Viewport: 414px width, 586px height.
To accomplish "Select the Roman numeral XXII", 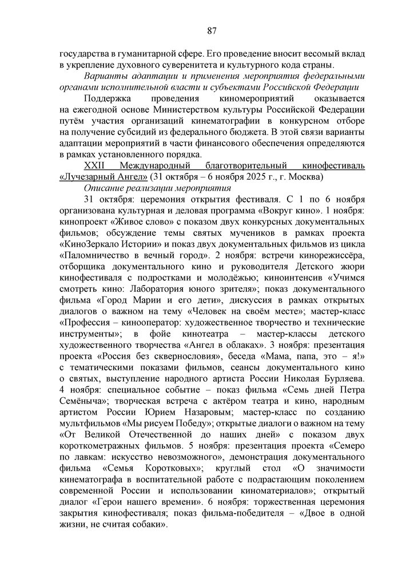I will coord(94,166).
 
